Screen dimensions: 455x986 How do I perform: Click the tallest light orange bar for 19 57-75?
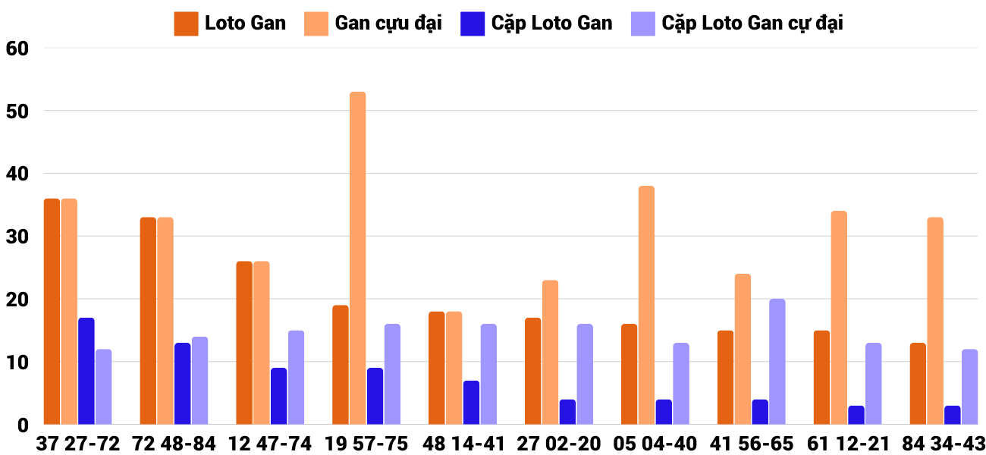click(357, 258)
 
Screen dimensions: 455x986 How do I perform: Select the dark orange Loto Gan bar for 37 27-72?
click(52, 311)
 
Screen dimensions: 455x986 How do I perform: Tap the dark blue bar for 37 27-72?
click(86, 371)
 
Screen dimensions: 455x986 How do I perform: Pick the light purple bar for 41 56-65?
click(777, 362)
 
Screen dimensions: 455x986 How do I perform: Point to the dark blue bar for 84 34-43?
click(953, 415)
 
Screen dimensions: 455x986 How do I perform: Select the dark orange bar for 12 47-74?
click(244, 343)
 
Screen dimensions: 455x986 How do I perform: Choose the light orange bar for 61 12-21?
click(839, 318)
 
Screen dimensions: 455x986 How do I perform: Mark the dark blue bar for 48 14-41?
click(471, 403)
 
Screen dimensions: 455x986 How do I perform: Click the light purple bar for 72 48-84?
click(199, 381)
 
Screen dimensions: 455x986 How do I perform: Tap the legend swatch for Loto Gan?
click(186, 24)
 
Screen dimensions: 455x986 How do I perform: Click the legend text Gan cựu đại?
click(388, 24)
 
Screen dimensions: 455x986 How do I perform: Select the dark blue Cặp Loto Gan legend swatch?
click(472, 24)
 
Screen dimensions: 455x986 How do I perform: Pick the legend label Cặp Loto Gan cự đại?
click(752, 24)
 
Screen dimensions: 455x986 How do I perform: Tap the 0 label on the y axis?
click(23, 425)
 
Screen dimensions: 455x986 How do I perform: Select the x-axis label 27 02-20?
click(558, 444)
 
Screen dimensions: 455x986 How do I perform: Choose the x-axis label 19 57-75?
click(366, 444)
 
